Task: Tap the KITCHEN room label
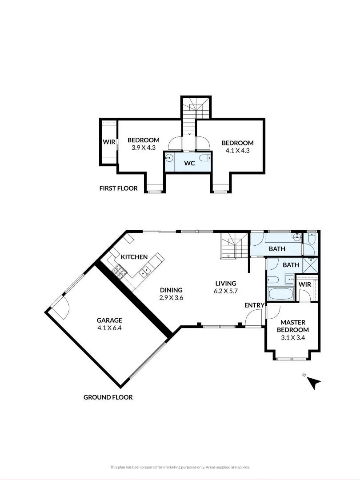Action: coord(134,257)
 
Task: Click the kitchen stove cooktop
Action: coord(120,271)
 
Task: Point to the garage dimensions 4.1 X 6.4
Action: coord(109,328)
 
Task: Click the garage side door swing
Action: coord(60,308)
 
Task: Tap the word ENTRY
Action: coord(255,305)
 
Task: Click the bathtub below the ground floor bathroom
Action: coord(280,294)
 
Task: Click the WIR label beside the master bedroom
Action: coord(305,284)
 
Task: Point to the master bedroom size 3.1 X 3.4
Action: coord(292,337)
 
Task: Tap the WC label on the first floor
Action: coord(190,163)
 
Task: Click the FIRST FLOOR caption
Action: coord(118,188)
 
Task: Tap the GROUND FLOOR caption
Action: coord(108,397)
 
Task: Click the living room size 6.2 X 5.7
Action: coord(225,291)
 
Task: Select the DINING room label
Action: coord(171,290)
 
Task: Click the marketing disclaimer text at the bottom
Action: coord(180,467)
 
